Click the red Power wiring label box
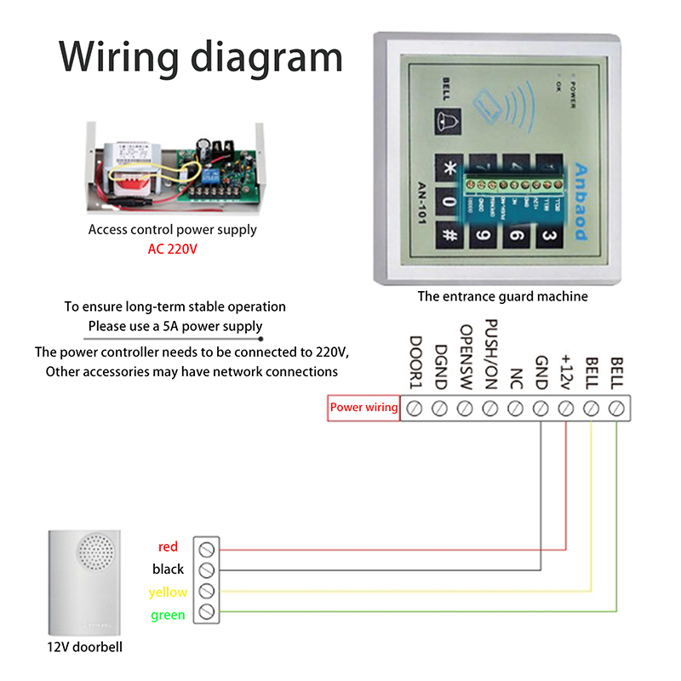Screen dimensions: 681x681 tap(363, 408)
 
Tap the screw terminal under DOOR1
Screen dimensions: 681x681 tap(415, 408)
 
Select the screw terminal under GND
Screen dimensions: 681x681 tap(541, 408)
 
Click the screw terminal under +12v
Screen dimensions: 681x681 tap(566, 408)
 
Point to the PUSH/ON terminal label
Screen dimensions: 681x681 tap(490, 356)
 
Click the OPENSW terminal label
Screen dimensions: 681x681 tap(466, 358)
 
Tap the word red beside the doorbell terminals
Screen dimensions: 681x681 tap(169, 547)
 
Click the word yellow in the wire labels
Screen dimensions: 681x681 tap(168, 592)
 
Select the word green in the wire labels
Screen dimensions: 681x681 tap(168, 615)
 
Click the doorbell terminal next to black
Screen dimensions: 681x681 tap(206, 569)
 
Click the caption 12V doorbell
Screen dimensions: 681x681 tap(85, 647)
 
